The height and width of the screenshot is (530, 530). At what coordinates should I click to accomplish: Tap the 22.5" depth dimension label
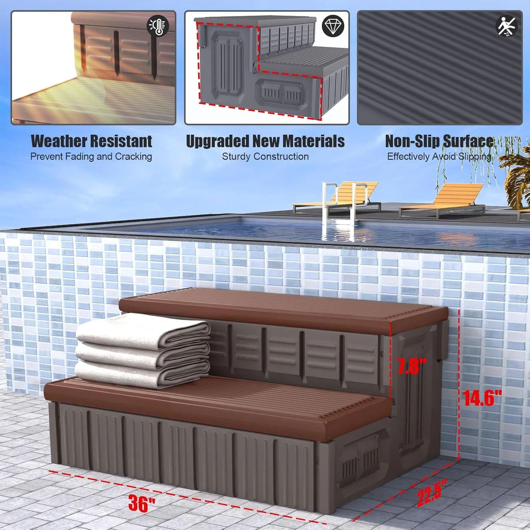coord(431,492)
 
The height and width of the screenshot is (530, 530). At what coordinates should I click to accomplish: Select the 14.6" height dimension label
coord(482,398)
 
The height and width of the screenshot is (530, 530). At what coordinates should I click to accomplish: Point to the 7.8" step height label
coord(412,366)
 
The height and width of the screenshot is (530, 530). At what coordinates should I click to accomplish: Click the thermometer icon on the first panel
coord(158,25)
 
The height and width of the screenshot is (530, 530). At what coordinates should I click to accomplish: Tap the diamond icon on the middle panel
coord(333,25)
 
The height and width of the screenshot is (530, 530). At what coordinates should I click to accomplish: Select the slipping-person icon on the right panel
coord(507,26)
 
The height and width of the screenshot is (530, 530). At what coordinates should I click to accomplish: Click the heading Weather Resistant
coord(92,141)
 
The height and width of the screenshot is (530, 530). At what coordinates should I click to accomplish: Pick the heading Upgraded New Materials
coord(265,141)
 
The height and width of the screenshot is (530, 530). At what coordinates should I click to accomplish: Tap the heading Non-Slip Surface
coord(439,141)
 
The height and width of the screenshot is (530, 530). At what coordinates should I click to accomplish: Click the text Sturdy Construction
coord(265,157)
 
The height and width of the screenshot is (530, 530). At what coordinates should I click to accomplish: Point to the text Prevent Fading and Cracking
coord(91,157)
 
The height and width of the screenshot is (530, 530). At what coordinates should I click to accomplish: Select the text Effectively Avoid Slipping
coord(439,157)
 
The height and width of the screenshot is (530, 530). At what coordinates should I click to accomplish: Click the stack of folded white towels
coord(143,351)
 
